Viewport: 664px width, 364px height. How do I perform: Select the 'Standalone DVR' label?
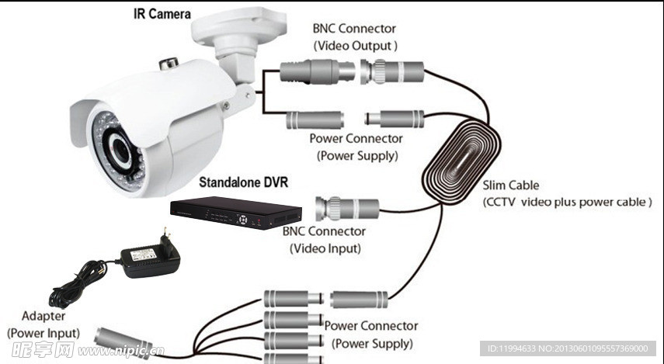pyautogui.click(x=243, y=183)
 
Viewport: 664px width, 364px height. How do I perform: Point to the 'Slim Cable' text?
pyautogui.click(x=510, y=185)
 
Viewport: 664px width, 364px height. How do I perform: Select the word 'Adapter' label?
pyautogui.click(x=43, y=317)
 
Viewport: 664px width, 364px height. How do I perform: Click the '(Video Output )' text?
pyautogui.click(x=356, y=46)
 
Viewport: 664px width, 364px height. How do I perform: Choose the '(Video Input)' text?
pyautogui.click(x=325, y=248)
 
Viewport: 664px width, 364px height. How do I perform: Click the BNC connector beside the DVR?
pyautogui.click(x=346, y=208)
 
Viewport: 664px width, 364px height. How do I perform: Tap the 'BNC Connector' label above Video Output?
pyautogui.click(x=354, y=29)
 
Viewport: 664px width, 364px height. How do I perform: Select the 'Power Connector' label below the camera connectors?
pyautogui.click(x=356, y=139)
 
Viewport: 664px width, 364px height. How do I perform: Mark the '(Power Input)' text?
pyautogui.click(x=43, y=332)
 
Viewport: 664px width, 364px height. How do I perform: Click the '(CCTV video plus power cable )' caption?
pyautogui.click(x=567, y=202)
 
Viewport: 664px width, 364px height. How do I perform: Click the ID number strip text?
pyautogui.click(x=568, y=348)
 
